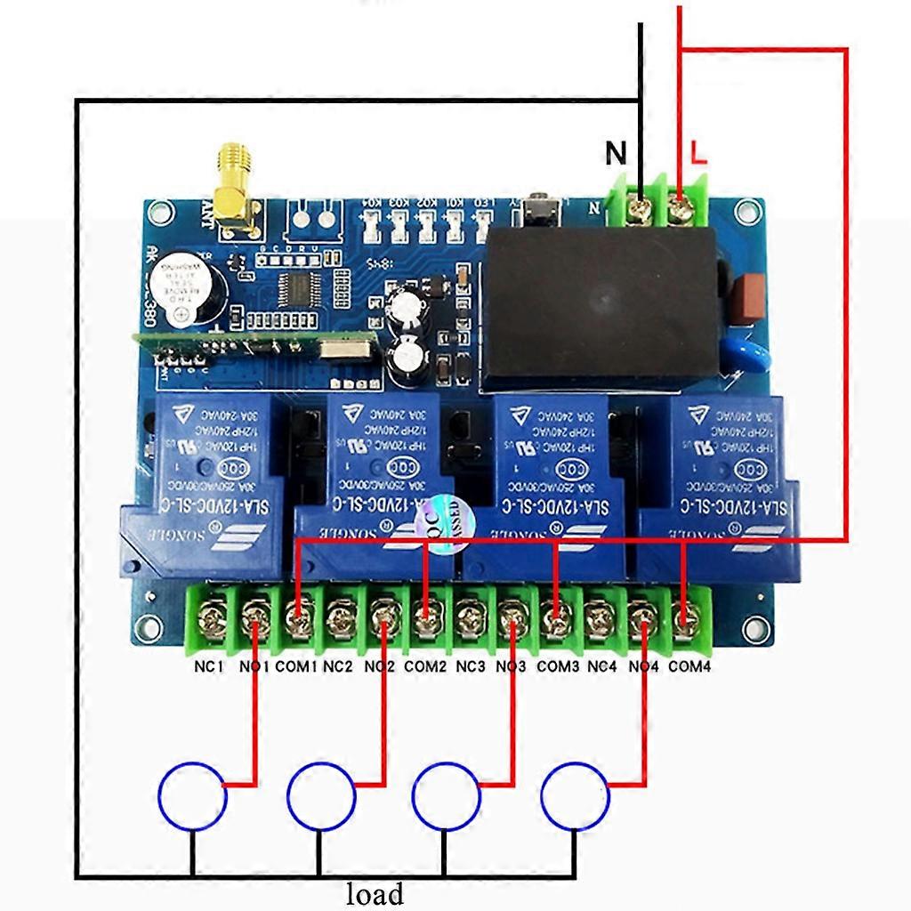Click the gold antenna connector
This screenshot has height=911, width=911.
234,183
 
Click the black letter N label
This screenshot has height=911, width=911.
616,153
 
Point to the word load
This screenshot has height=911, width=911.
375,892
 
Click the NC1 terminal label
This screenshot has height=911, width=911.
210,665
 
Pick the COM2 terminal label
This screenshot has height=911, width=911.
425,665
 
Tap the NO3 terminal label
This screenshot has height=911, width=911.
512,665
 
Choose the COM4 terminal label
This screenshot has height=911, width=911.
689,665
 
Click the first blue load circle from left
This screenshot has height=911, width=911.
193,795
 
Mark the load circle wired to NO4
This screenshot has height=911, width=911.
576,795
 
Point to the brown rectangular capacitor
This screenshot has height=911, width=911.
749,299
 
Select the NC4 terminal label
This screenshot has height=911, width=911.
602,665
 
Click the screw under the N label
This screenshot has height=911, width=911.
639,211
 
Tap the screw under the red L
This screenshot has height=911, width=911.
681,211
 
